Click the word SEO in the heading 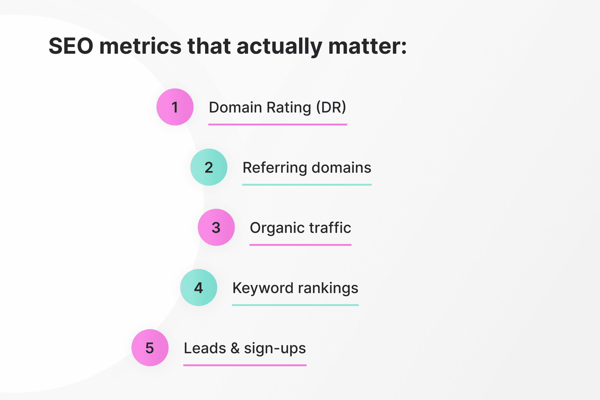(x=71, y=47)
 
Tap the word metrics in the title (x=140, y=47)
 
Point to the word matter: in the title (x=367, y=47)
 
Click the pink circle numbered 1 (x=175, y=107)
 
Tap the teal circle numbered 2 (x=209, y=167)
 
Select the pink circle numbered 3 (x=216, y=227)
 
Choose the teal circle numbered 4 (x=198, y=287)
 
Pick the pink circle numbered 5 (x=150, y=348)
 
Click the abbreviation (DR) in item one (x=331, y=107)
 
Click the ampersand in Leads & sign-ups (x=235, y=348)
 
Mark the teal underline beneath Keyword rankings (x=295, y=305)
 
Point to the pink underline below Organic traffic (x=300, y=245)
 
